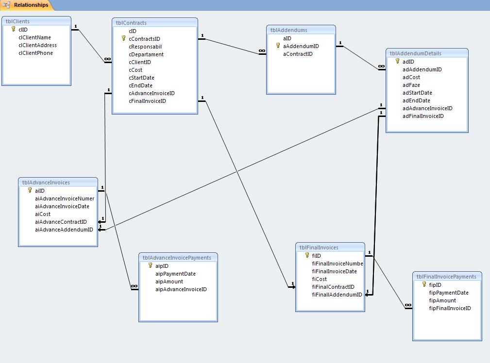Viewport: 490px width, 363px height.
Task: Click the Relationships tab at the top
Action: [x=31, y=5]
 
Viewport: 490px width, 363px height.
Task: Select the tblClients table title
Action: [x=17, y=21]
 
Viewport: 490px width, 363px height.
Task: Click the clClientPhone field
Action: [x=35, y=53]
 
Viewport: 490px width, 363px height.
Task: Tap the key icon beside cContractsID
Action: [x=124, y=38]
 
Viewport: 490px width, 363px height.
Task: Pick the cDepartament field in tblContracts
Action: [x=146, y=54]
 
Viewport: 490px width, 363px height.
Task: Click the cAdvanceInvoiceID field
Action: [x=152, y=93]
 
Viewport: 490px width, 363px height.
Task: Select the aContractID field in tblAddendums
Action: [x=298, y=54]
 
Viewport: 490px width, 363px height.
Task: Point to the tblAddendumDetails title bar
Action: [x=427, y=53]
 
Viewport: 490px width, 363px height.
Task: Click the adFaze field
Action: [x=411, y=85]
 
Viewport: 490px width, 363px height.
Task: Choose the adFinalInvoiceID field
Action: [x=423, y=116]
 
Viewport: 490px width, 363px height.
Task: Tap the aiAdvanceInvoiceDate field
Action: [x=62, y=206]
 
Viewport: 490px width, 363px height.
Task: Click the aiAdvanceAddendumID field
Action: [x=64, y=230]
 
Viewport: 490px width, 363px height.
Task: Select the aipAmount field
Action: [x=169, y=281]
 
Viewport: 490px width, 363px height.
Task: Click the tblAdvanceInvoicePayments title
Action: [x=177, y=258]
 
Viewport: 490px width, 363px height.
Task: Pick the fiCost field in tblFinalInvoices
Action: [x=319, y=279]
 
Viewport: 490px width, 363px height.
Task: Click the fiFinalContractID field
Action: [x=333, y=287]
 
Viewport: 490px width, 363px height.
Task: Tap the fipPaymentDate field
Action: [x=448, y=293]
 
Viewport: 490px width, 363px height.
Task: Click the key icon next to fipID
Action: [x=424, y=284]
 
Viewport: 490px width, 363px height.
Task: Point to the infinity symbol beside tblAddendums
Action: [x=262, y=50]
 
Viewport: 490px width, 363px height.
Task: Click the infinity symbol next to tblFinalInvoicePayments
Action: [x=408, y=305]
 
